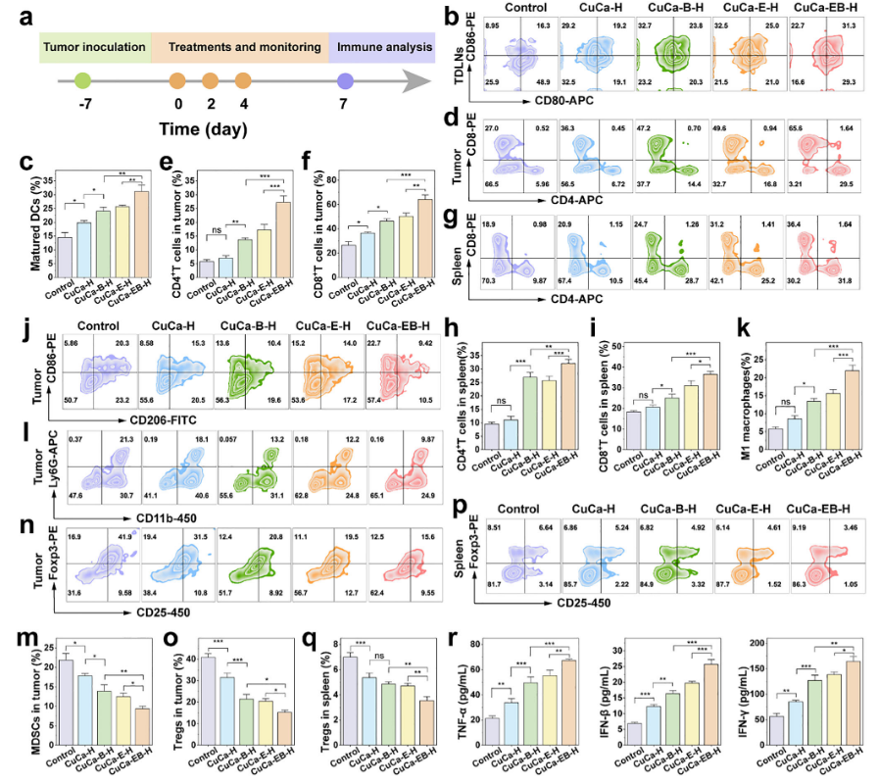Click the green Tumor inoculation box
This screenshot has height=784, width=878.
(x=94, y=46)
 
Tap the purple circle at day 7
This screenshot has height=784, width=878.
(x=344, y=84)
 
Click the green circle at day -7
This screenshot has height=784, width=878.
(x=83, y=84)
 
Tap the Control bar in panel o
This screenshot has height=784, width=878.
(x=209, y=703)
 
